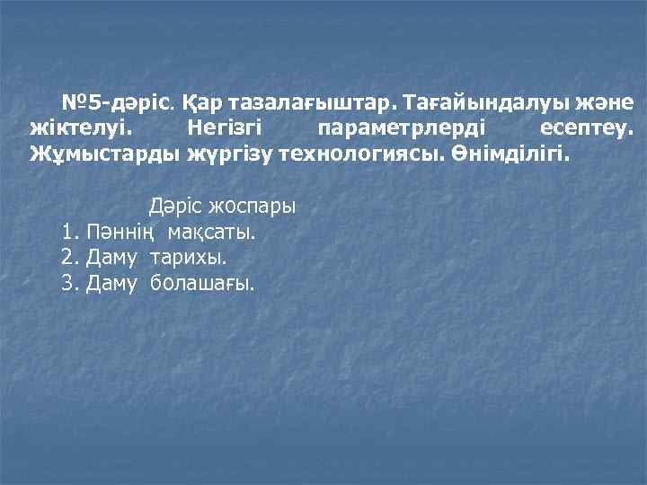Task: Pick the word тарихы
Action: (189, 259)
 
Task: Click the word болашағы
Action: (202, 284)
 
